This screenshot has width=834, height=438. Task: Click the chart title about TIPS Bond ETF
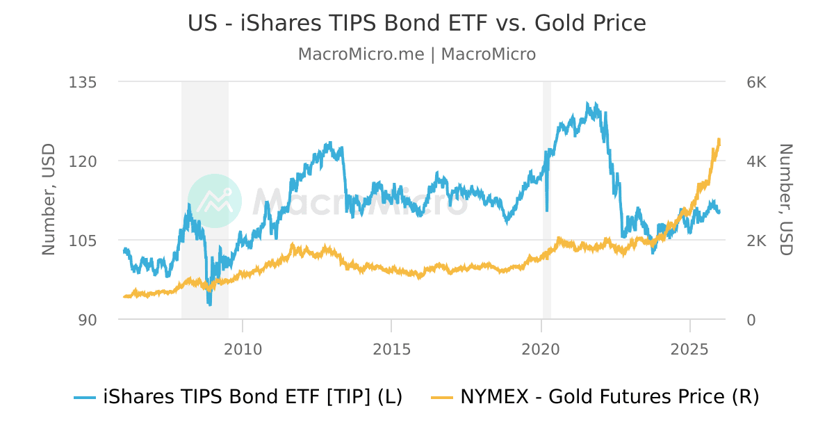(416, 24)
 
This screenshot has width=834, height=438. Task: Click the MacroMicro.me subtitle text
(416, 54)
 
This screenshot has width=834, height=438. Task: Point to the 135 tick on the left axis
(82, 82)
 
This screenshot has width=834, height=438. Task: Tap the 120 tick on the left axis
(82, 161)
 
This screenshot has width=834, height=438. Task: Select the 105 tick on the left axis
(82, 241)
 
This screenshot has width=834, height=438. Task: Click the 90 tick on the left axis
(87, 320)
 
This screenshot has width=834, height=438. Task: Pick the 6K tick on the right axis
(756, 82)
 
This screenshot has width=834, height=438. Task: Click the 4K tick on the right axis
(756, 161)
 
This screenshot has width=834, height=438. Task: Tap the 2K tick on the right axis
(756, 241)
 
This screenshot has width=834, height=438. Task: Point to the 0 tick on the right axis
(751, 320)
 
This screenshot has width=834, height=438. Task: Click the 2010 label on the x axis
(243, 348)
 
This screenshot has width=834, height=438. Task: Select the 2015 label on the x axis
(391, 348)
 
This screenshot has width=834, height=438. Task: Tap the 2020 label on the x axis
(541, 348)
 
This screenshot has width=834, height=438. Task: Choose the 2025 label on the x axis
(689, 348)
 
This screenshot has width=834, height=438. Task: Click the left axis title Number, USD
(49, 200)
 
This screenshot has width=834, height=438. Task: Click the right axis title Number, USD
(785, 200)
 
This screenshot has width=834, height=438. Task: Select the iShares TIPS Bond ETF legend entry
(238, 397)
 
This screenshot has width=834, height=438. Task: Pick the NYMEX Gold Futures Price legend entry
(595, 397)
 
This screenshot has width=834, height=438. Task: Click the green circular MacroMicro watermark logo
(215, 201)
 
